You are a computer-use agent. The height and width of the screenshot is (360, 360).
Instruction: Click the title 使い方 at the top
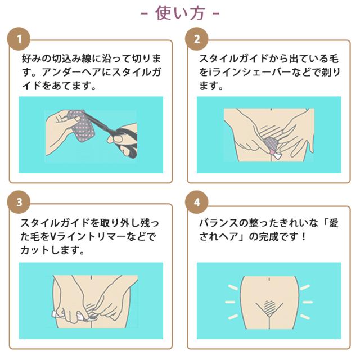point(180,13)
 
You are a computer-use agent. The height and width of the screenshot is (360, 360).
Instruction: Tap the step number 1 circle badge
point(19,39)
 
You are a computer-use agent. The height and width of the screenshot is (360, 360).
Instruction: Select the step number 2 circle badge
point(197,39)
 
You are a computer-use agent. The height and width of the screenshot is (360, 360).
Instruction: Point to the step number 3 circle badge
point(19,202)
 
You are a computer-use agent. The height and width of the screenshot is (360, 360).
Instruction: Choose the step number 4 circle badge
point(197,202)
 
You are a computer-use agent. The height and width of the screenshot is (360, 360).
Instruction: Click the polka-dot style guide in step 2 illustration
point(272,143)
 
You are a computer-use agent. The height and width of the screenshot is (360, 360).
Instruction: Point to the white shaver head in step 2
point(277,156)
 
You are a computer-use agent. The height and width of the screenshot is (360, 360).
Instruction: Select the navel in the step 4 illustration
point(269,280)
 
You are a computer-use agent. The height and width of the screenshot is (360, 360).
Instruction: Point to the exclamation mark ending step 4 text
point(304,236)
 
